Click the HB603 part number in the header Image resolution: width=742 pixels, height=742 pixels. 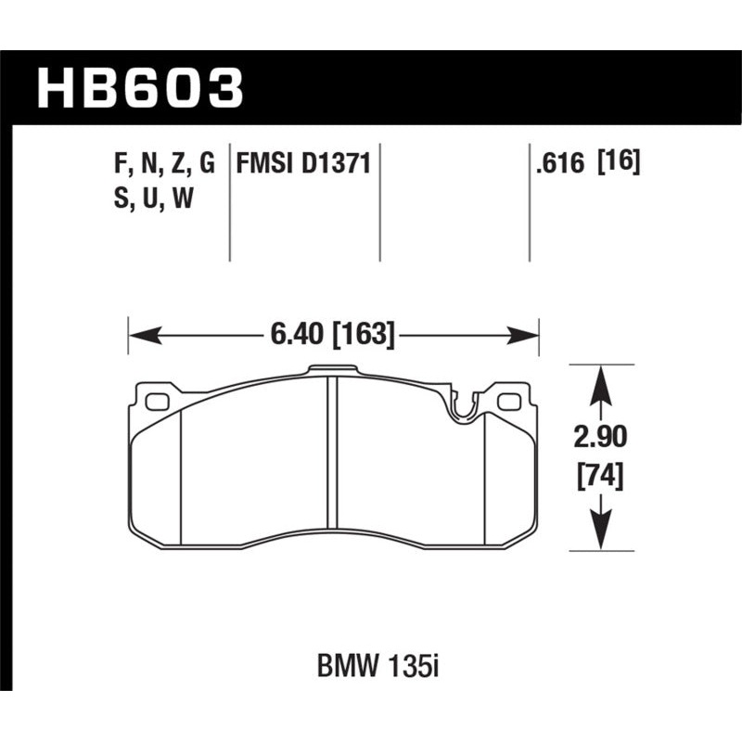click(x=139, y=88)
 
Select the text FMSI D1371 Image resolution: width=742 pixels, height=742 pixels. click(x=304, y=164)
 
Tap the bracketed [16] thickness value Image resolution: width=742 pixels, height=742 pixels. click(x=619, y=164)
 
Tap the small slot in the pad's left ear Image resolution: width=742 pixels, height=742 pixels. click(x=156, y=402)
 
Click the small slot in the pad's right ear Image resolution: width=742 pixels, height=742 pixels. click(x=507, y=402)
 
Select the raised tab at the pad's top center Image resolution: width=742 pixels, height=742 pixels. click(x=332, y=370)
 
